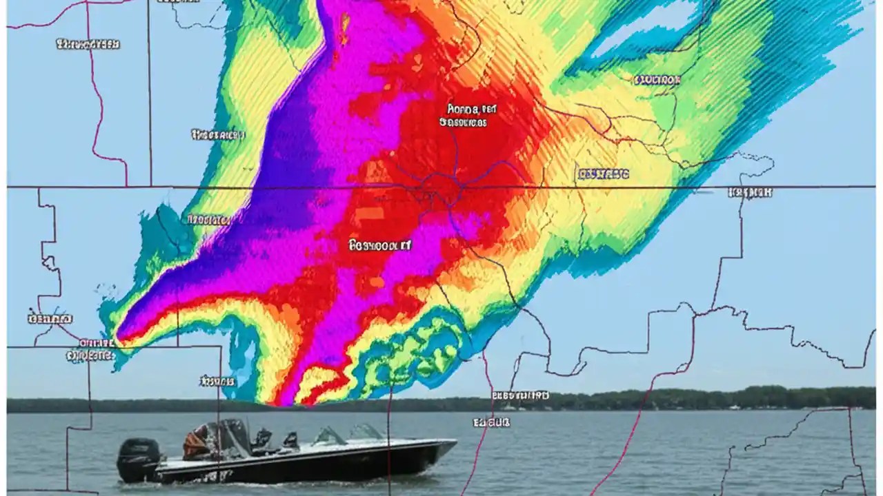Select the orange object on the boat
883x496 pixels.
(196, 441)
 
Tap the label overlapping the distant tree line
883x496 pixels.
(521, 396)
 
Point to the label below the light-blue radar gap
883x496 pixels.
(657, 80)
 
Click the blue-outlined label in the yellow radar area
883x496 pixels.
(602, 174)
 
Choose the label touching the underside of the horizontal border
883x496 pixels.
(749, 193)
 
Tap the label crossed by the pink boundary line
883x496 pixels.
(88, 44)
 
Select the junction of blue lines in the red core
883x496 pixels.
(441, 185)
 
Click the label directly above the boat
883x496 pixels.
(217, 381)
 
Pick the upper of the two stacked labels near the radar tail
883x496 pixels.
(97, 342)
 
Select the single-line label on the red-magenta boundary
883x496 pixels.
(380, 245)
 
